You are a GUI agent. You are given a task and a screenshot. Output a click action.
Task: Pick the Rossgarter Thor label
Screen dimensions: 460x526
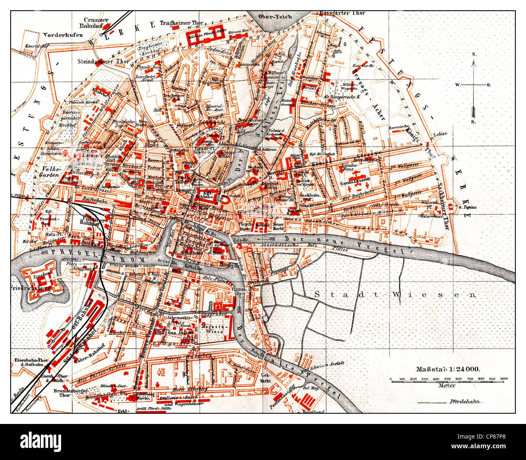(x=342, y=13)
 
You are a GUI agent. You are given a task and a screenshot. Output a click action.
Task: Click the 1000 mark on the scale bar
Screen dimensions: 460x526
(x=503, y=379)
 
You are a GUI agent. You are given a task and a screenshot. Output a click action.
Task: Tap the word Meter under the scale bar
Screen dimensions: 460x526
(x=447, y=386)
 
